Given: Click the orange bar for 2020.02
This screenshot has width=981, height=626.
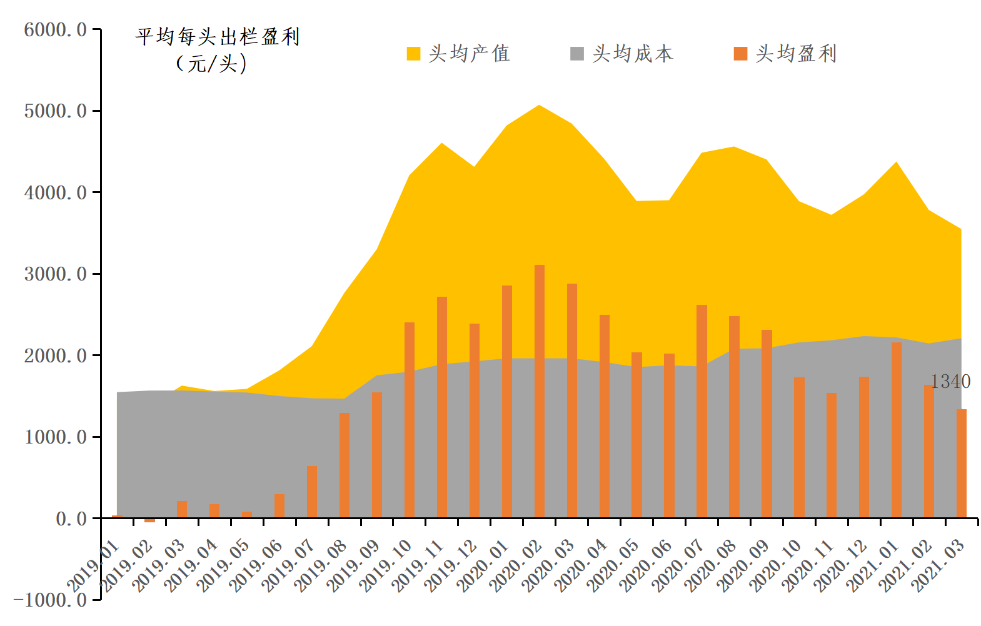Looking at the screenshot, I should tap(539, 392).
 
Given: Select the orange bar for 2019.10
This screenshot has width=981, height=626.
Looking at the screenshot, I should tap(410, 420).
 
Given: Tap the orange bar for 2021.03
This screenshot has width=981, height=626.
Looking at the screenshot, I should tap(961, 464).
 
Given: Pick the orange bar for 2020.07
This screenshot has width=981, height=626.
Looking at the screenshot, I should tap(702, 411).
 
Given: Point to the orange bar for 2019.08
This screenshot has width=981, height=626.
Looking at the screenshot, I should tap(345, 465).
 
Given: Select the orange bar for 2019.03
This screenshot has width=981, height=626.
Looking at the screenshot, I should tap(182, 509).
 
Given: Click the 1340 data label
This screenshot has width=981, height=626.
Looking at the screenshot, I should tap(950, 381).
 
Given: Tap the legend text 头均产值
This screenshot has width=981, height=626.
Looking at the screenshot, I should tap(469, 54).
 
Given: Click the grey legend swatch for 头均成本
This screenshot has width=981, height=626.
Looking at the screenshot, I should tap(576, 54).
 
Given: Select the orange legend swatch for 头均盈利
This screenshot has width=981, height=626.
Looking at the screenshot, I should tap(740, 54).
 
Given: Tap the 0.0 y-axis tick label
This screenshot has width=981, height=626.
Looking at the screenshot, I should tap(71, 519).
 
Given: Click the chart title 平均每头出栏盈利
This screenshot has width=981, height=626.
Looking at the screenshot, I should tap(218, 37).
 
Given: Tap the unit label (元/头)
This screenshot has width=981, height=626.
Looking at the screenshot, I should tap(211, 63).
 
